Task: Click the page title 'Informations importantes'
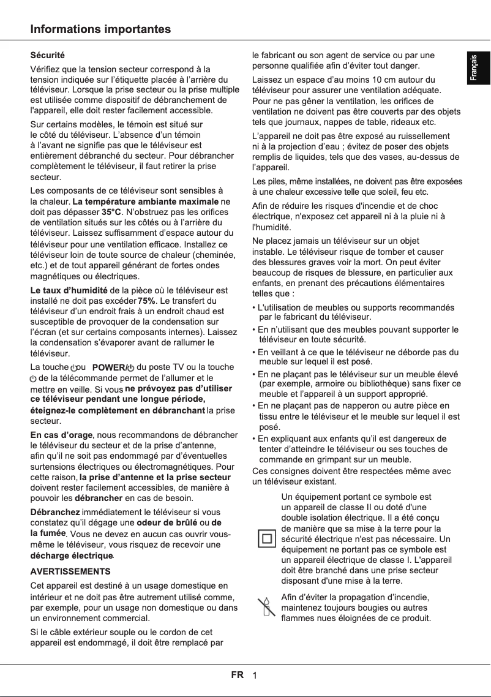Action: [x=101, y=29]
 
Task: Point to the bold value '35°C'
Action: [x=111, y=212]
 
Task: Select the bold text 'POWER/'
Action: [x=109, y=367]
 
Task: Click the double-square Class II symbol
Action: [x=266, y=539]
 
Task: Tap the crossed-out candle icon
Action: [x=266, y=606]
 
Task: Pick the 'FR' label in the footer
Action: [x=237, y=675]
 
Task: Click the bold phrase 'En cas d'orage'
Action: [x=61, y=435]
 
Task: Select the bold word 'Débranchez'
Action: [x=55, y=512]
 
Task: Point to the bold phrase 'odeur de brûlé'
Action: [x=167, y=522]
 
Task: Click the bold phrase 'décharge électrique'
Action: [x=72, y=556]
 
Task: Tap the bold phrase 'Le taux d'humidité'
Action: [x=69, y=290]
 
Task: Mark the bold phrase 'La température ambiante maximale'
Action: [x=145, y=202]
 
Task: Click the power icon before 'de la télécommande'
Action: [x=34, y=378]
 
